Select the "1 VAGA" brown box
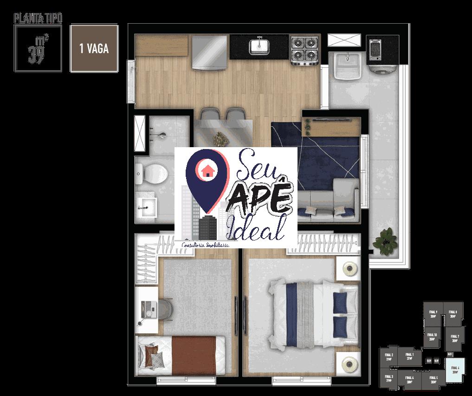94,49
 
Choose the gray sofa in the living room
328,204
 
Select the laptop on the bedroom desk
149,307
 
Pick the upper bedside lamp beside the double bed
349,268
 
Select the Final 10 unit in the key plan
432,337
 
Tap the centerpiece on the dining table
219,137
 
